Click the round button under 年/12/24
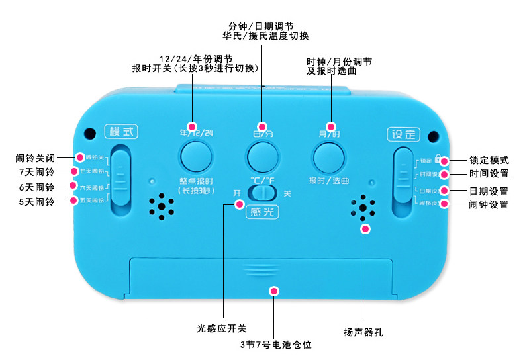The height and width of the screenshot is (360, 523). click(x=196, y=156)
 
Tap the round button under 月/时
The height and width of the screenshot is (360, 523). click(x=329, y=156)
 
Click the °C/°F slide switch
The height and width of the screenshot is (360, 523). click(x=262, y=193)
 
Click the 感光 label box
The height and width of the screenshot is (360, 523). click(x=262, y=212)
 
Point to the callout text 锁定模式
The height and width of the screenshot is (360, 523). click(x=489, y=160)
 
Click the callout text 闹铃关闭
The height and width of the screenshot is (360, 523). click(x=36, y=158)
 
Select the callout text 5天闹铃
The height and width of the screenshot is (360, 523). click(x=37, y=201)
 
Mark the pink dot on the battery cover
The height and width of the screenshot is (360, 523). click(x=273, y=291)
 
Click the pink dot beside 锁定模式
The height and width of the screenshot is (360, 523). click(x=445, y=160)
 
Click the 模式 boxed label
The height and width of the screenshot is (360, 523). click(x=120, y=132)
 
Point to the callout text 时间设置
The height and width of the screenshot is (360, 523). click(x=489, y=174)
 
